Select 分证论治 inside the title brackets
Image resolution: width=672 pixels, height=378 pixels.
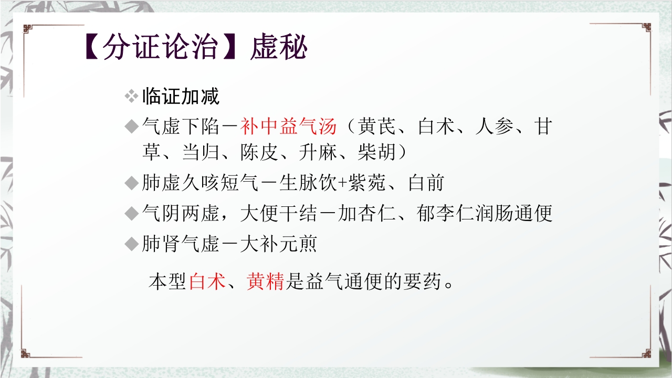click(x=160, y=48)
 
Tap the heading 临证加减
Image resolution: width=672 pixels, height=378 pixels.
click(x=181, y=97)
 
